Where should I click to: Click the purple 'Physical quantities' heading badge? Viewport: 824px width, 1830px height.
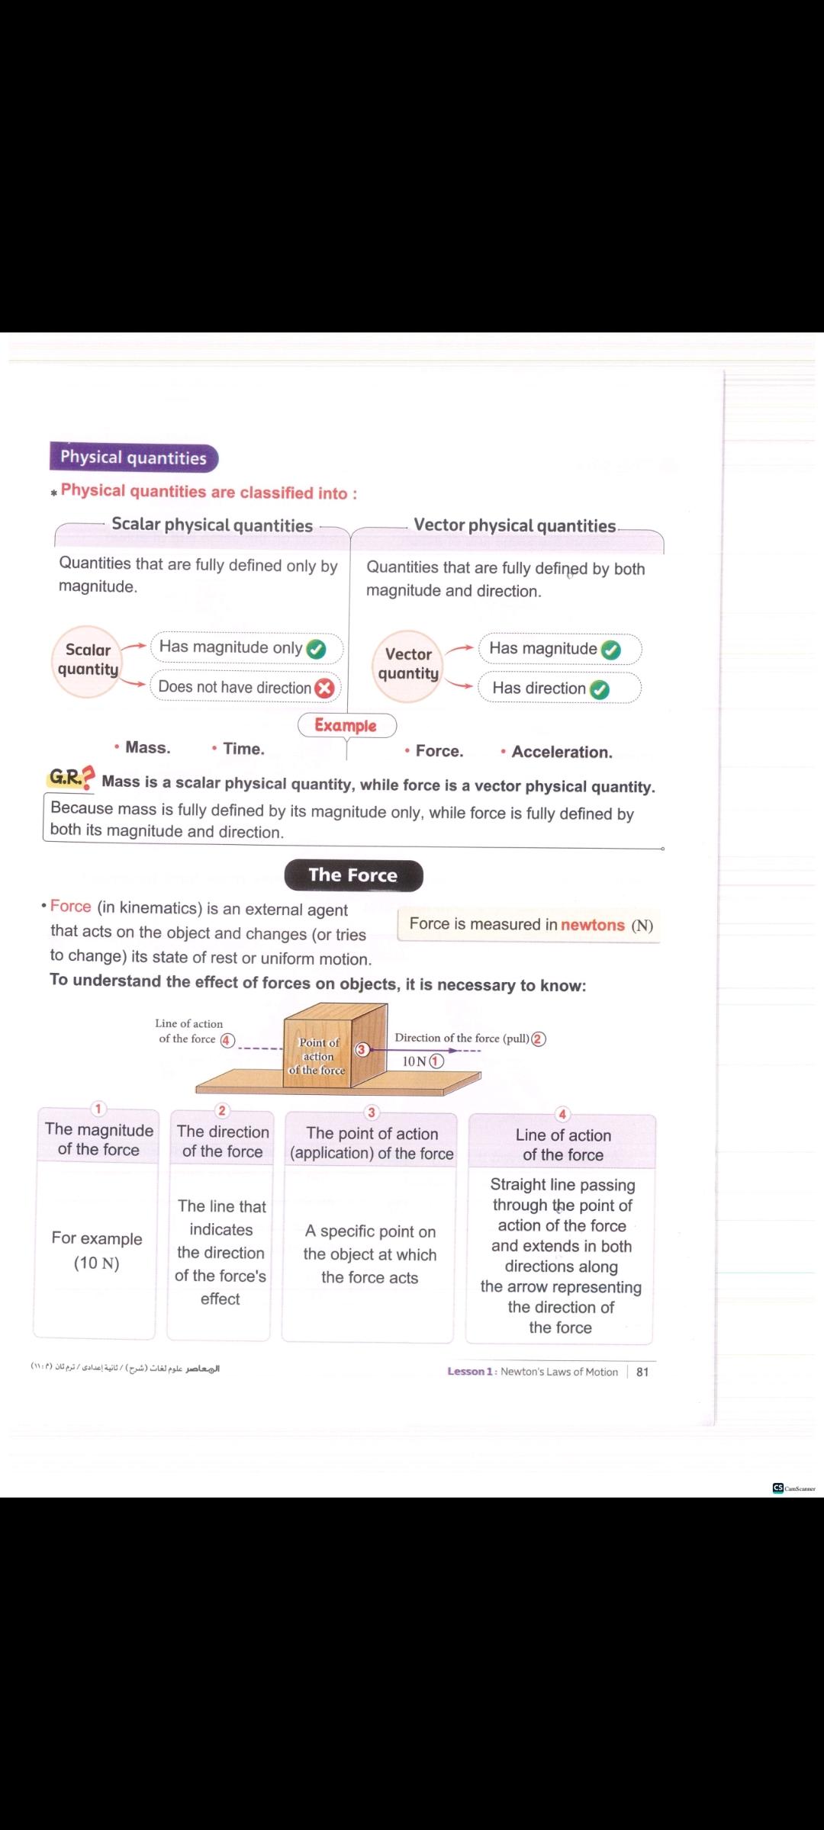click(134, 457)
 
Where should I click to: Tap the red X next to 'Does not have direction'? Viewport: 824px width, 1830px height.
click(325, 689)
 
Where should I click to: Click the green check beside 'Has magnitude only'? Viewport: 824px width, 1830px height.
click(316, 649)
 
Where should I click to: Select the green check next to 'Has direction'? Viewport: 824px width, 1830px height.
click(600, 689)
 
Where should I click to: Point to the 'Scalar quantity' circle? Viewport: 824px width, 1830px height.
click(87, 660)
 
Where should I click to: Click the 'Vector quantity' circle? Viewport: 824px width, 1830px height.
click(408, 665)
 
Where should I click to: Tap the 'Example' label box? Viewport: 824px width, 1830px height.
click(346, 725)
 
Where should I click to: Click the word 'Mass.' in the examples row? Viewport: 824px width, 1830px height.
click(147, 748)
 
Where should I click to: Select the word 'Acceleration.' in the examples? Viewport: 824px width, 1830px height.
click(562, 752)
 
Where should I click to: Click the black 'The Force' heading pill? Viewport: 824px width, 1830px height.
click(353, 875)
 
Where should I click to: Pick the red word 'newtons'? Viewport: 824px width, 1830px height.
click(593, 925)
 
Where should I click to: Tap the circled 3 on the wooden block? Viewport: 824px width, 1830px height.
click(362, 1049)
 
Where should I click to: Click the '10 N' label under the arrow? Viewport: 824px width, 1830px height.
click(414, 1061)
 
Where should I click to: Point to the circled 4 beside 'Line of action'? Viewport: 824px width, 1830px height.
click(227, 1040)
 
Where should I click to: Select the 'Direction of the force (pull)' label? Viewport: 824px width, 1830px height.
click(462, 1038)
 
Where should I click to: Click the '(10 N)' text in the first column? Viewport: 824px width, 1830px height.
click(96, 1263)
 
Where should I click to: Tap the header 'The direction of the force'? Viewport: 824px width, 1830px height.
click(222, 1141)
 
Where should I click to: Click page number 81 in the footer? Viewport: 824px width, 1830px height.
click(642, 1372)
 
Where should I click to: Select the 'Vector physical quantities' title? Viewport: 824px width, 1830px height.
click(514, 525)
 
